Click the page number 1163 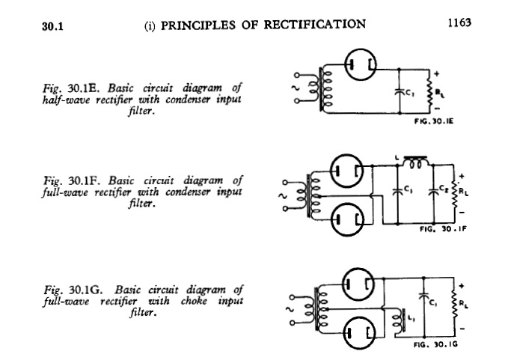pos(459,23)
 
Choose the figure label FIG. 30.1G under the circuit pos(435,346)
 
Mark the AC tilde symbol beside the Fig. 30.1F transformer pos(284,197)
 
